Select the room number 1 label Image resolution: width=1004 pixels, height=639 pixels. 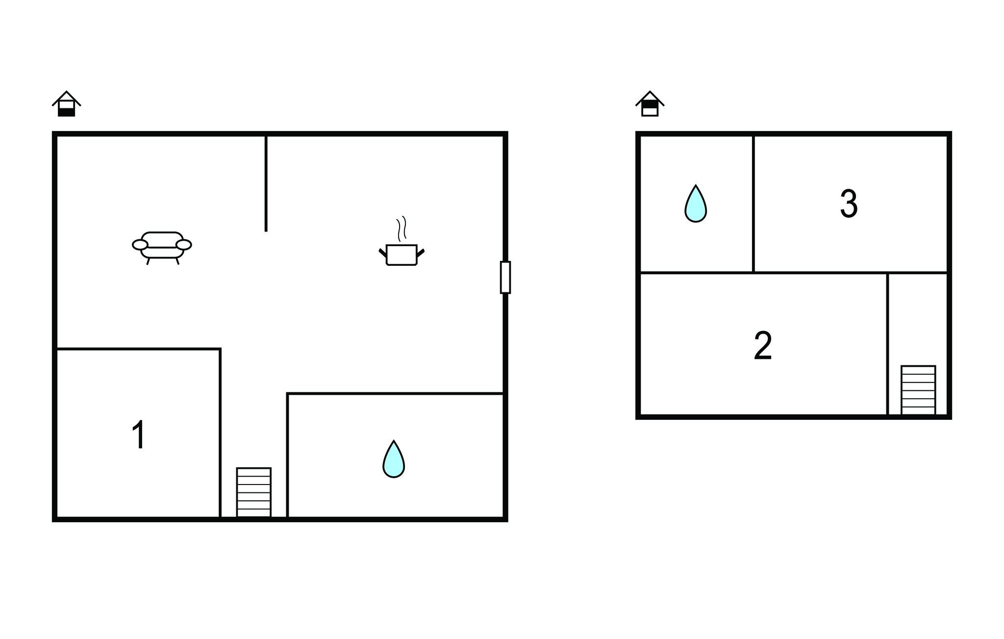pos(139,435)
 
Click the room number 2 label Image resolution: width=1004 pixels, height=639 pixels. pos(763,346)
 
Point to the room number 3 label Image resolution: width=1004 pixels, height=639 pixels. pos(849,204)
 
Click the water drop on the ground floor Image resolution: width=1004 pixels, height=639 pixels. pos(394,459)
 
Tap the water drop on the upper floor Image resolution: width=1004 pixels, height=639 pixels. pos(696,204)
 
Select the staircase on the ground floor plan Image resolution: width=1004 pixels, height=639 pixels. pos(254,492)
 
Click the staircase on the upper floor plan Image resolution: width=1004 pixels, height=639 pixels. pos(918,390)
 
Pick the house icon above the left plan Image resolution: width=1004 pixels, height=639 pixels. pos(66,103)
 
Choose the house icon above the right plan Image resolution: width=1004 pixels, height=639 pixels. pos(650,103)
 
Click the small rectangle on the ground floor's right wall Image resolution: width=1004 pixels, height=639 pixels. pos(505,278)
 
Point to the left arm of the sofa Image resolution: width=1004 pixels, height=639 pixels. pos(140,245)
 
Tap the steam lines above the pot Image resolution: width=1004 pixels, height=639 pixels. pos(402,229)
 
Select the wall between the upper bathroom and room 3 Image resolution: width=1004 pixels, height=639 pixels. pos(753,204)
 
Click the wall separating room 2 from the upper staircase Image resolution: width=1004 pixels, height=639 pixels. pos(887,344)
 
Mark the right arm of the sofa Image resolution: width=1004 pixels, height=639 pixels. pos(184,245)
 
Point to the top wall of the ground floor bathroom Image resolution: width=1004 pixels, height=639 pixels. pos(395,393)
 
